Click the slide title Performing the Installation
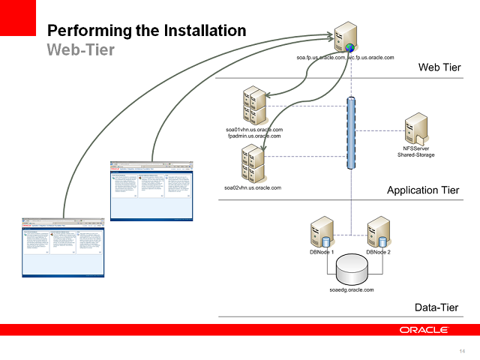[x=146, y=31]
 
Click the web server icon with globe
[x=345, y=37]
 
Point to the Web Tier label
[x=439, y=68]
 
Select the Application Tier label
[x=423, y=190]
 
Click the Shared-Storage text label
[x=417, y=155]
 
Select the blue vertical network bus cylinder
[x=350, y=133]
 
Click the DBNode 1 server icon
[x=322, y=232]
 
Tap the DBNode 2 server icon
[x=378, y=232]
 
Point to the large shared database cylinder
[x=351, y=269]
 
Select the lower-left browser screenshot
[x=63, y=247]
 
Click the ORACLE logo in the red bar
[x=424, y=330]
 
